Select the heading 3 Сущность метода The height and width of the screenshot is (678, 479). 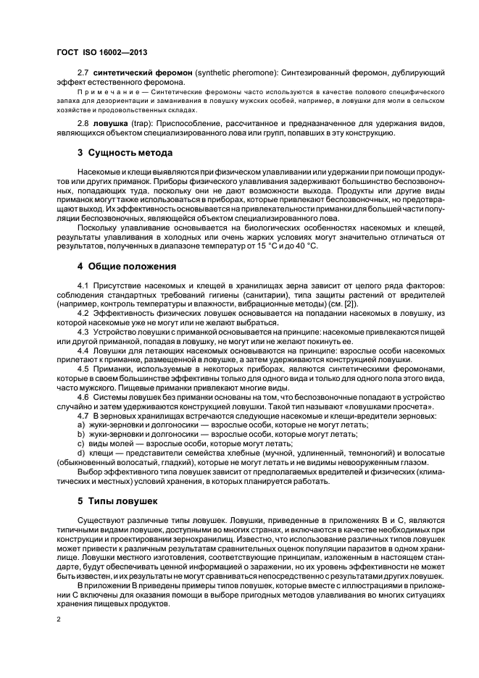(125, 153)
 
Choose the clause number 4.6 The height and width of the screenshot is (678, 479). (83, 397)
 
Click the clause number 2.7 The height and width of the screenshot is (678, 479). (83, 74)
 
